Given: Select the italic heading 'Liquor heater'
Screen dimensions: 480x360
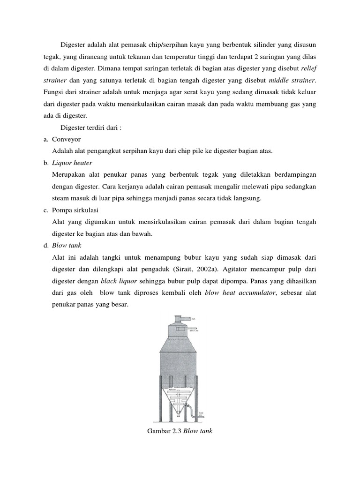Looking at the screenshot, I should [72, 163].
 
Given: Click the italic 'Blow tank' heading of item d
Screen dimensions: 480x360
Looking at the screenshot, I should [67, 245].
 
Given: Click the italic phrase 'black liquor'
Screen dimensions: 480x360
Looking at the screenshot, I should [117, 281].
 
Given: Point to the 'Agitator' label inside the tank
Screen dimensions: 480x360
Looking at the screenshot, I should [172, 389].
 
